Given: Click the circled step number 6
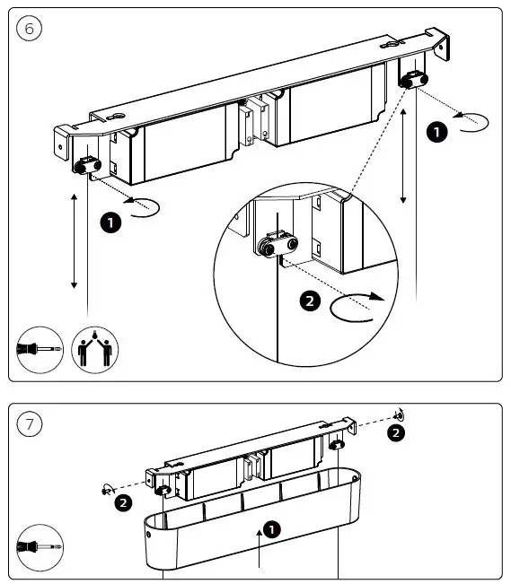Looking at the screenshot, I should tap(30, 29).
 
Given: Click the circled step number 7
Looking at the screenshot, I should tap(30, 424).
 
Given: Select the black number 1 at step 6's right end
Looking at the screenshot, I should tap(436, 132).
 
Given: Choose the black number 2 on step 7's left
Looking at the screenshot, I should tap(124, 502).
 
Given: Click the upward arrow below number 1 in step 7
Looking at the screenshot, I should tap(260, 552).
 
